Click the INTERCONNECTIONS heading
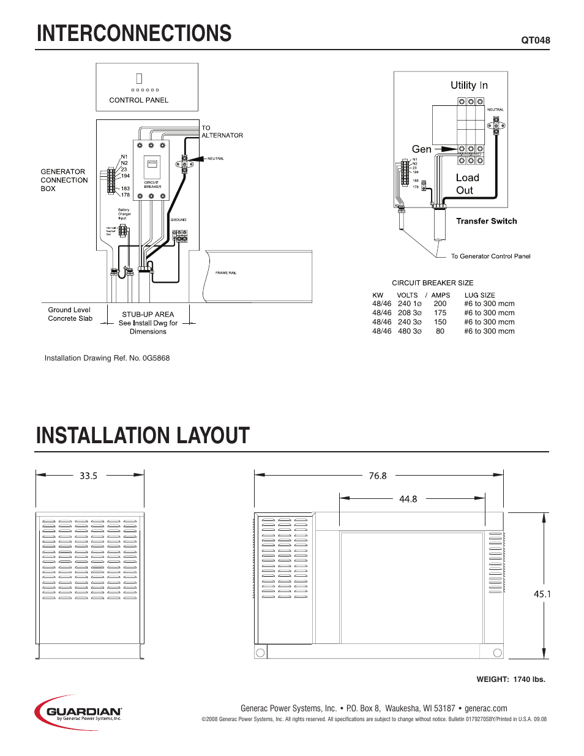134,34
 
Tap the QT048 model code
535,40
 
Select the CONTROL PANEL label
138,100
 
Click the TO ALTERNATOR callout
222,132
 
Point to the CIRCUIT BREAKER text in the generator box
152,184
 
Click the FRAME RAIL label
226,273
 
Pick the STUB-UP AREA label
148,315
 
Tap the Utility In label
469,86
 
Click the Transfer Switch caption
486,222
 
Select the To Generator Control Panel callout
490,256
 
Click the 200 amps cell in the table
440,304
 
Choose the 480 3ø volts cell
410,331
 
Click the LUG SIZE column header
479,295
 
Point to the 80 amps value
440,331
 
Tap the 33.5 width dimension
88,476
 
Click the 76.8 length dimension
378,476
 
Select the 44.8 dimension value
408,499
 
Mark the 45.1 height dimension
542,594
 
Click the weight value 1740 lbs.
529,679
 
